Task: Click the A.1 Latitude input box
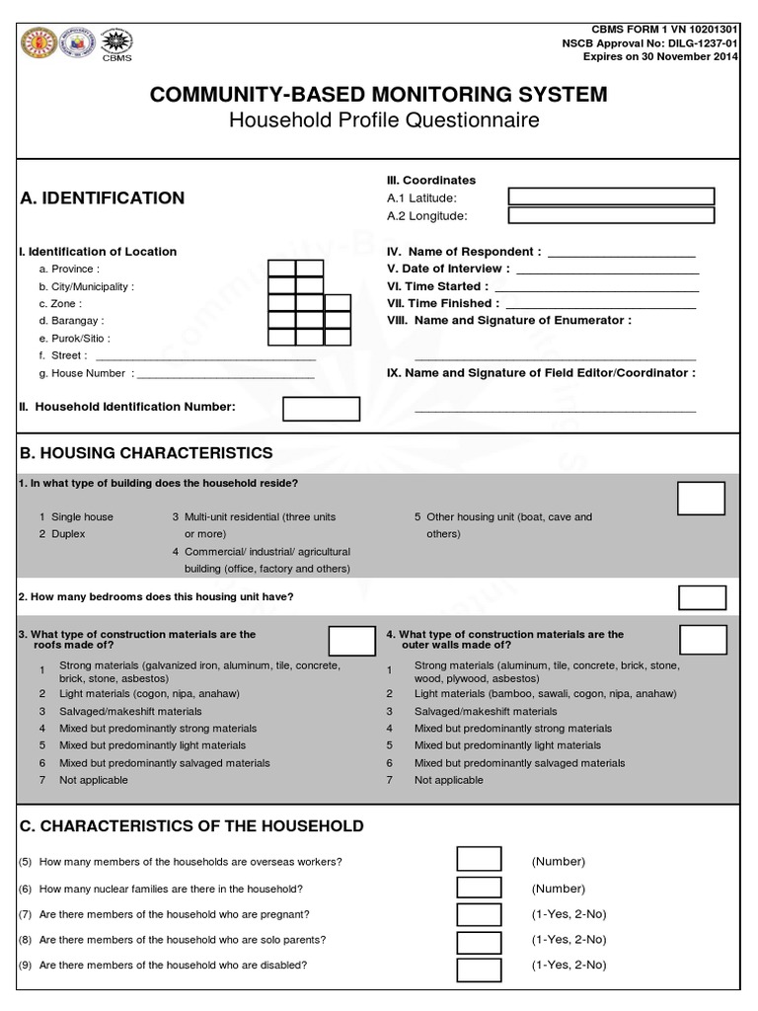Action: tap(610, 196)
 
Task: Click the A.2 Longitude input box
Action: tap(610, 215)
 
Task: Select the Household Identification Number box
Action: tap(321, 408)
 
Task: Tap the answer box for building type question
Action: tap(701, 498)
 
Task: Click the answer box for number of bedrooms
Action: tap(702, 596)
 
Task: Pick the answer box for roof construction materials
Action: tap(351, 641)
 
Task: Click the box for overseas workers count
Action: tap(479, 860)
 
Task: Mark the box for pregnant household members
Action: tap(479, 913)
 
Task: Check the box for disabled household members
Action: tap(479, 965)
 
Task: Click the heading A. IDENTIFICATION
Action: tap(102, 197)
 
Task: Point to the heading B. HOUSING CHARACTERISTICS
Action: tap(146, 452)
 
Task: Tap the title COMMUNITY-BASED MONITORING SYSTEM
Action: tap(378, 95)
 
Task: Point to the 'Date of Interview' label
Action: tap(448, 269)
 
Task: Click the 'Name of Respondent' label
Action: tap(464, 252)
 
